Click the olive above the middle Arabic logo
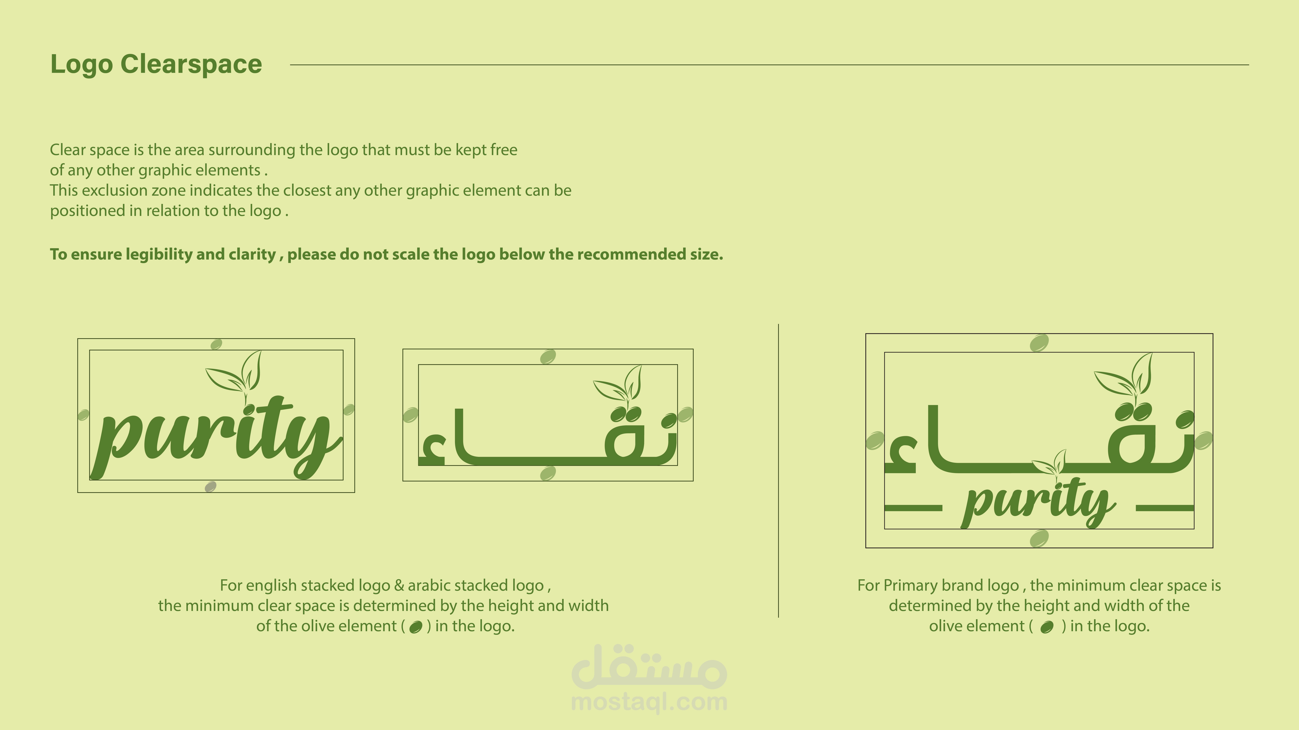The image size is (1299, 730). click(x=548, y=357)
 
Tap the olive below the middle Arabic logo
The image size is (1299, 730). click(x=548, y=473)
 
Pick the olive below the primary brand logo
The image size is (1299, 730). click(x=1039, y=539)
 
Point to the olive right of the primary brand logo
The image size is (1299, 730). click(x=1203, y=440)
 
